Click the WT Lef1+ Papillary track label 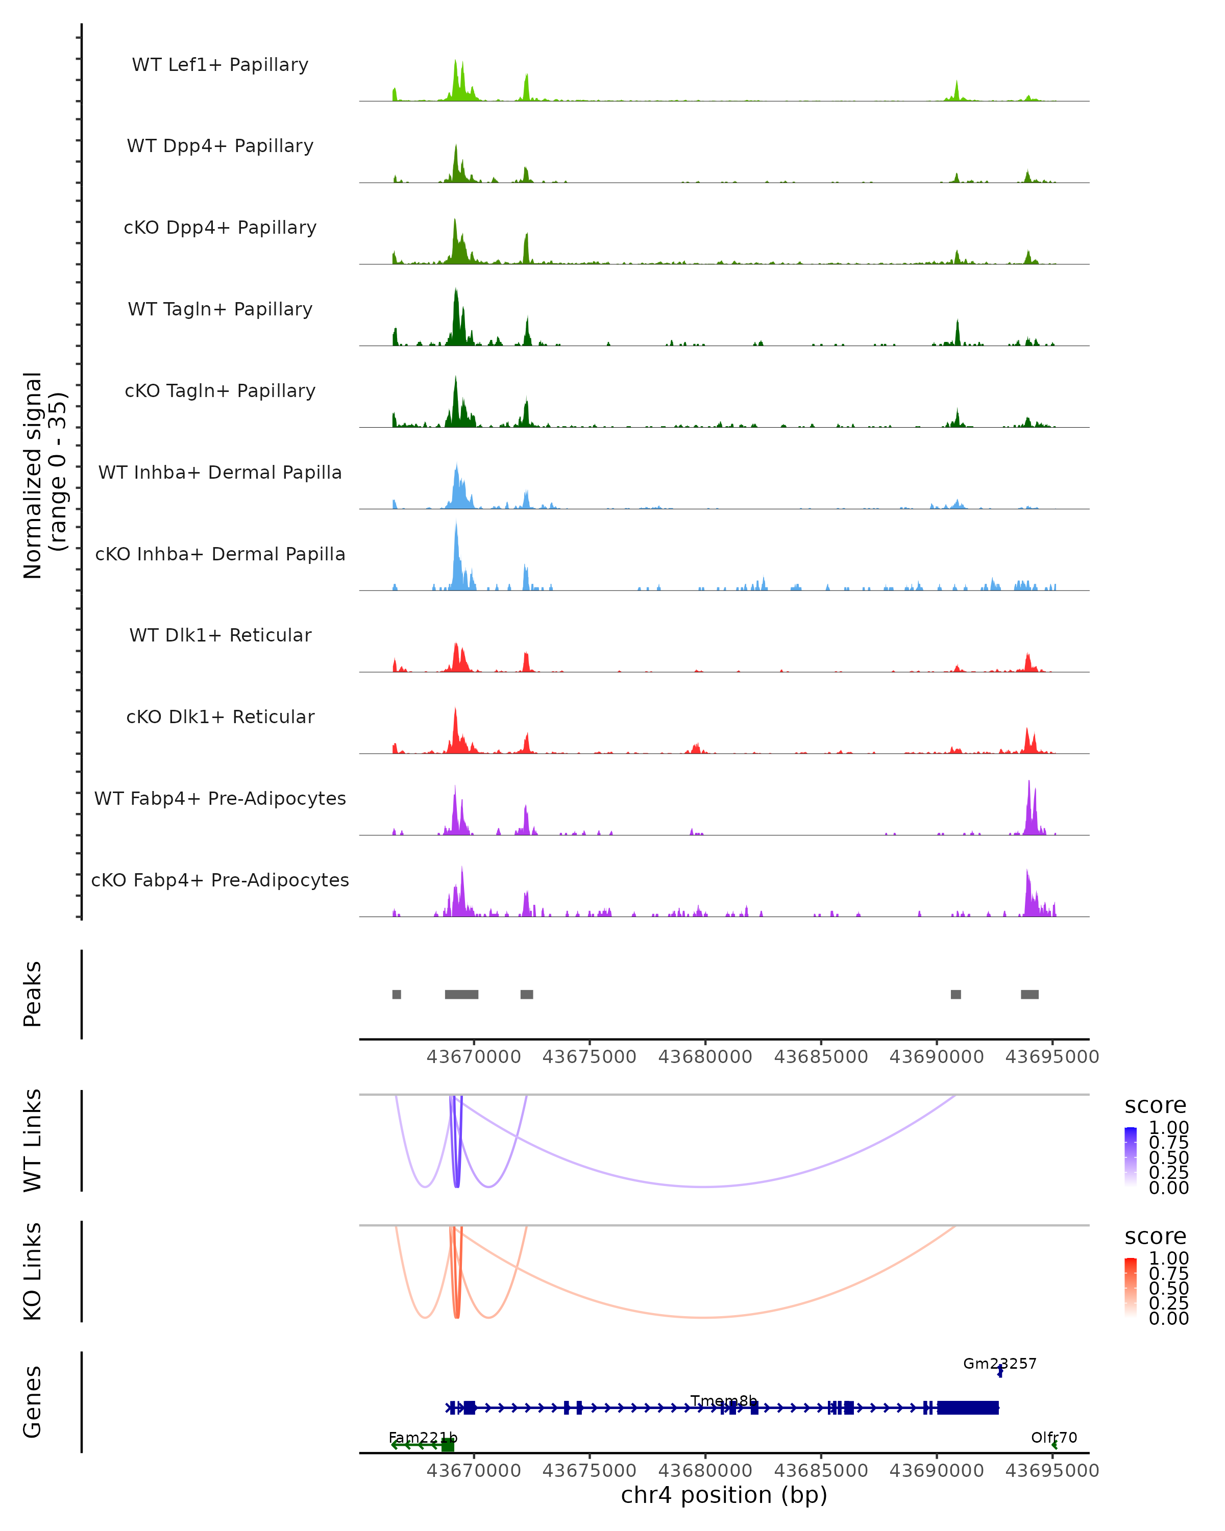pos(220,65)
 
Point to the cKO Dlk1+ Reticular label pos(220,717)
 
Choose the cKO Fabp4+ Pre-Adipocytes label pos(220,880)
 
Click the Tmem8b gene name pos(724,1401)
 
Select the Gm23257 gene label pos(999,1364)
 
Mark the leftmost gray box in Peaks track pos(396,994)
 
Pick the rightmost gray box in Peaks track pos(1029,994)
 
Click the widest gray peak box pos(461,994)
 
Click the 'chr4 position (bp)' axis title pos(724,1495)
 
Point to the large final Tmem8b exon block pos(968,1407)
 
